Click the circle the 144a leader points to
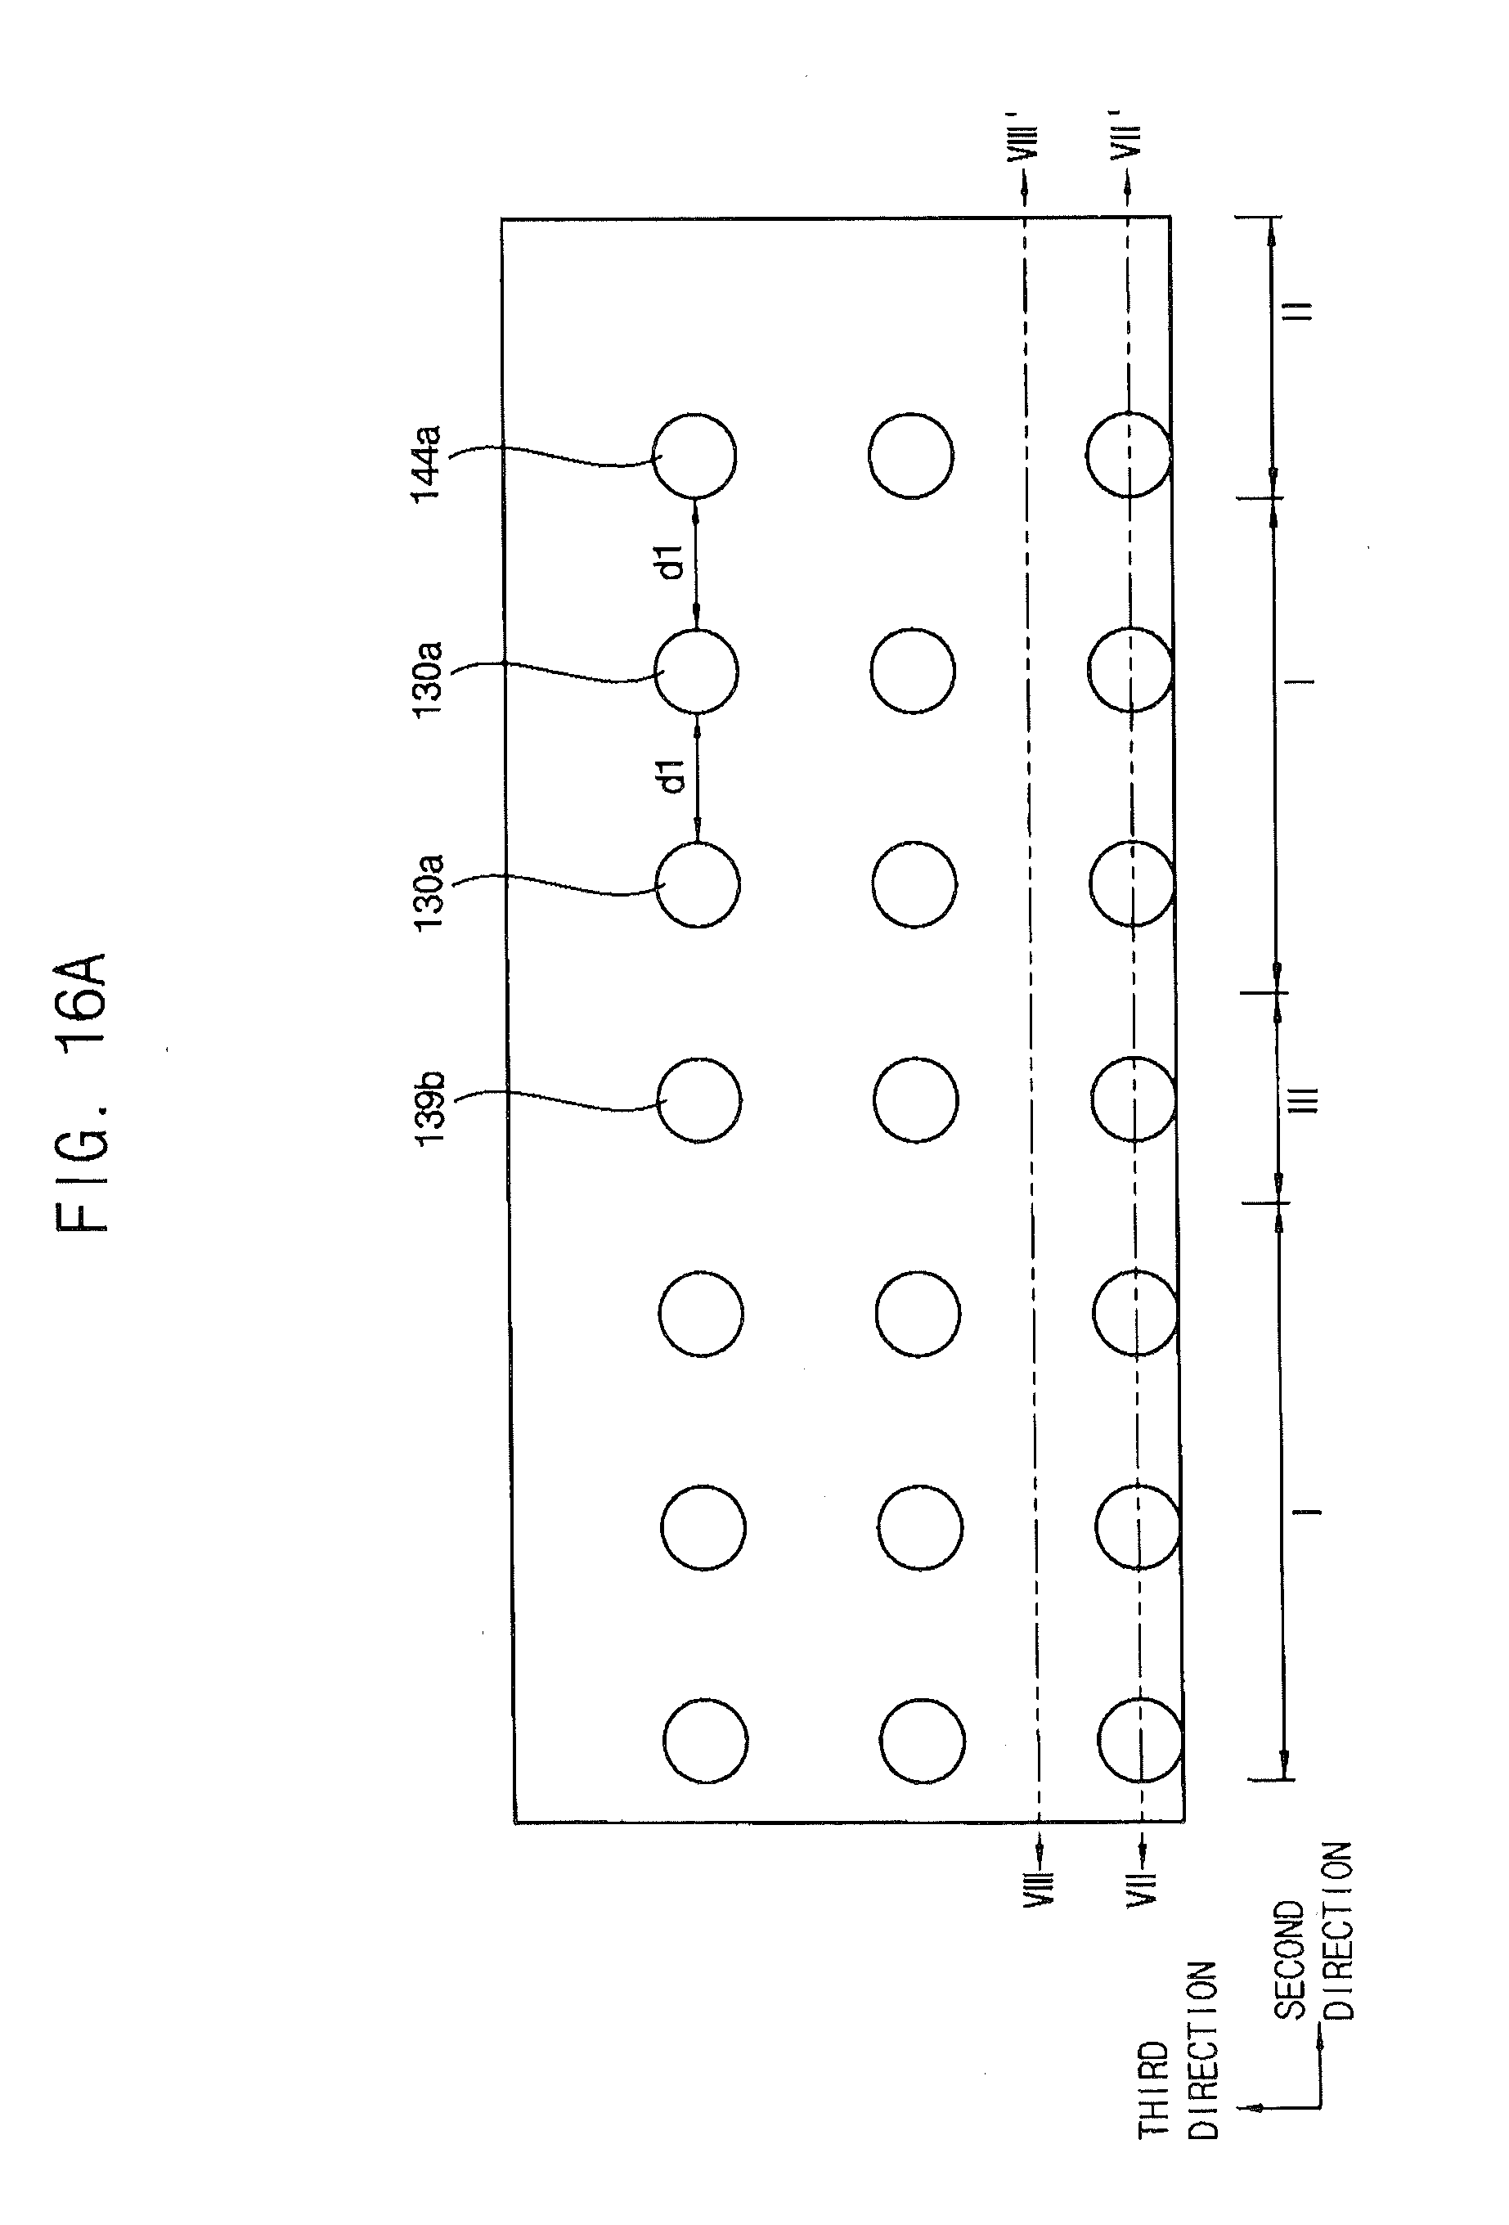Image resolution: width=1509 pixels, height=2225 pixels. [x=694, y=456]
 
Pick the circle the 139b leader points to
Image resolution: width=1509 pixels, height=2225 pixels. [x=699, y=1099]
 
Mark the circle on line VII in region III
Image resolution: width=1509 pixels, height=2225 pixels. [x=1133, y=1098]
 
